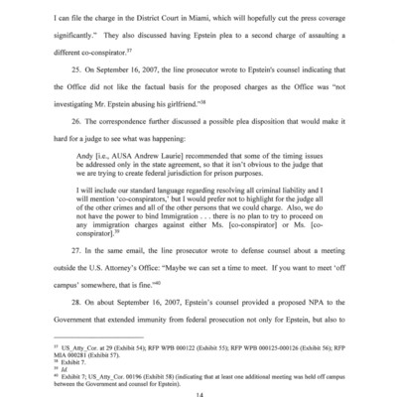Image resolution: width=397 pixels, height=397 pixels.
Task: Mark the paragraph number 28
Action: click(78, 299)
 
